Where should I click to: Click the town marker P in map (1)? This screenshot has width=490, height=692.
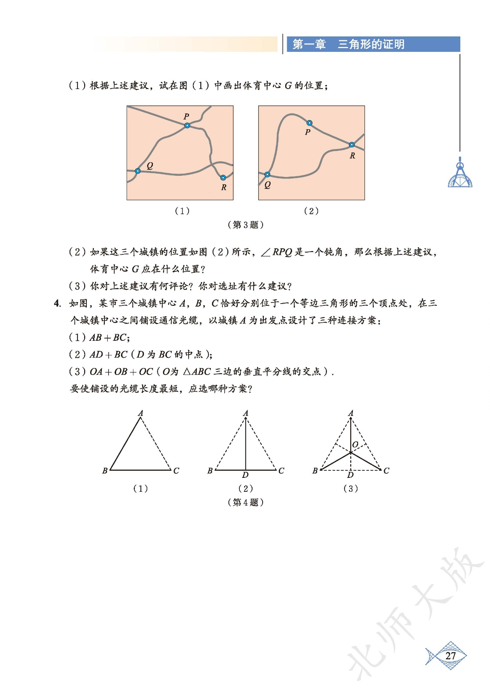click(187, 125)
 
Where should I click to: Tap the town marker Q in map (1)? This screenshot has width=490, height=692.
click(138, 171)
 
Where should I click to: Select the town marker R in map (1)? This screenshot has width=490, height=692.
click(223, 178)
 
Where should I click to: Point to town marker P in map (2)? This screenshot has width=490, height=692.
click(309, 123)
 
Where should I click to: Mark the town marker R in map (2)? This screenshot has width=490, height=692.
click(352, 145)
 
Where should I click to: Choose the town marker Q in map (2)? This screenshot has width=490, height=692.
click(267, 175)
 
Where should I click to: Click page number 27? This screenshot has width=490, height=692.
click(450, 656)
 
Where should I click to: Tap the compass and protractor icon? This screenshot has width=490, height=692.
click(460, 175)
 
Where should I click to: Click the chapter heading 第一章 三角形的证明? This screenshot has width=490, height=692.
click(348, 44)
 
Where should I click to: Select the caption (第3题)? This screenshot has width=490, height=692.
click(245, 225)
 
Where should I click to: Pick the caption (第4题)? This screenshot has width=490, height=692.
click(245, 502)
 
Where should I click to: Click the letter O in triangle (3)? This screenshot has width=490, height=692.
click(355, 445)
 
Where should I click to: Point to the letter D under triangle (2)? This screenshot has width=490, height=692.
click(245, 475)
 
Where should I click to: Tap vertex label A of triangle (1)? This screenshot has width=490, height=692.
click(141, 413)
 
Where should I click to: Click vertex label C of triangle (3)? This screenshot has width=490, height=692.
click(386, 470)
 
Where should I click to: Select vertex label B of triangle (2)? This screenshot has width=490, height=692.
click(210, 470)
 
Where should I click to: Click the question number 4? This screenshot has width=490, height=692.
click(57, 304)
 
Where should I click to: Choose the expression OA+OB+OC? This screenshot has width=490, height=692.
click(121, 372)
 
